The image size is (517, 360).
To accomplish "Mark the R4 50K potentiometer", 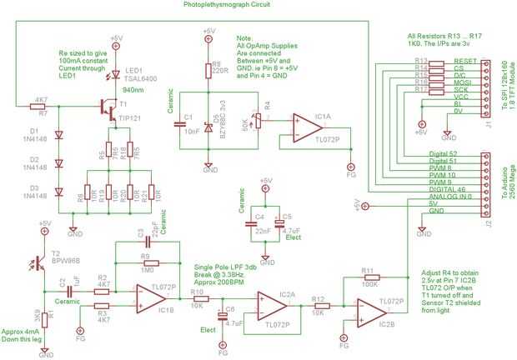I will (256, 117).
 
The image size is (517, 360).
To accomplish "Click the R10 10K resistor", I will (200, 301).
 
